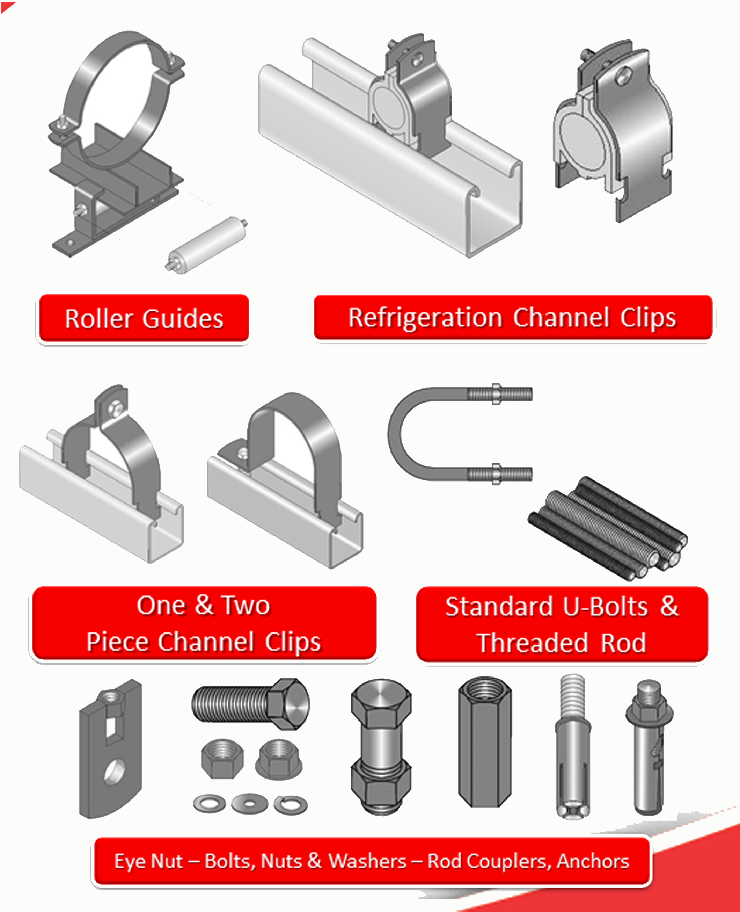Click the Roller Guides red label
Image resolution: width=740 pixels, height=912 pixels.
point(144,318)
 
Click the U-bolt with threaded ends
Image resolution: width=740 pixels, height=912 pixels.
point(460,434)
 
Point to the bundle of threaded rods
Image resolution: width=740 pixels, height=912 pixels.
point(607,529)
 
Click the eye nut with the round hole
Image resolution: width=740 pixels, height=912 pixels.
point(110,749)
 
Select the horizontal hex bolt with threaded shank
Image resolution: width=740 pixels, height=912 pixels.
point(251,703)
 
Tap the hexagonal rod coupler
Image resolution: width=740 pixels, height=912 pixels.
point(485,742)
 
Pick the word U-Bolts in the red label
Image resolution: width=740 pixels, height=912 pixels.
point(605,606)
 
